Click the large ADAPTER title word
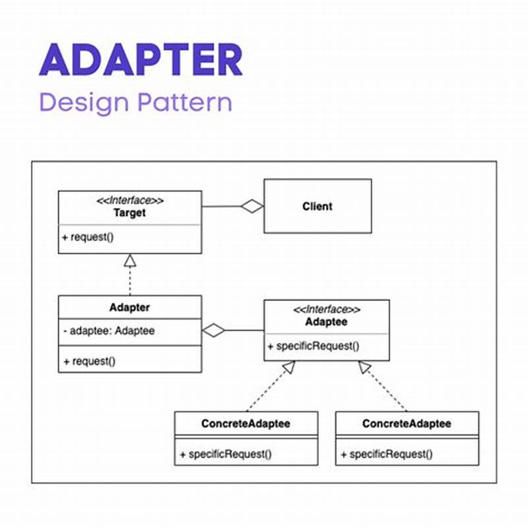click(141, 60)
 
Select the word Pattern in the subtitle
click(184, 104)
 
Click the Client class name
click(317, 206)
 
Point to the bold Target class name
click(129, 213)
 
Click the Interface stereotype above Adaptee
click(327, 309)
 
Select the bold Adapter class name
click(129, 308)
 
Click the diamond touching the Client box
click(251, 207)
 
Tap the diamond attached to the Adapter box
click(214, 330)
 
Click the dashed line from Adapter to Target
click(129, 282)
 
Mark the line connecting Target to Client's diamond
click(220, 207)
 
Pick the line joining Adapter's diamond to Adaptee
click(245, 330)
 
